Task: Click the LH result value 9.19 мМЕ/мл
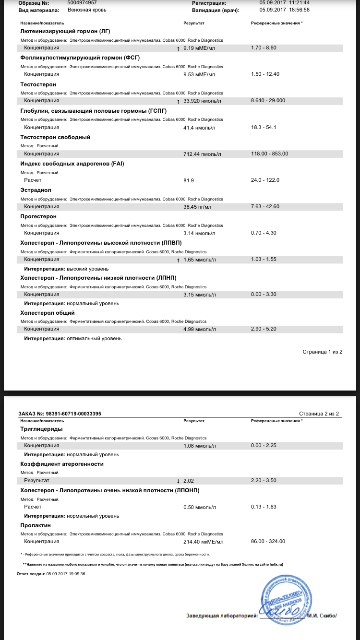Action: click(199, 48)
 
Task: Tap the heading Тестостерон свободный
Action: click(55, 137)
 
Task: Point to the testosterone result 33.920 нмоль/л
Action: click(202, 101)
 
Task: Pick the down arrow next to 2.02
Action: click(179, 481)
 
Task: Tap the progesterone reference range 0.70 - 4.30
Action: click(264, 233)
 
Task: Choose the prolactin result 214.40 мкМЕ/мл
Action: click(204, 542)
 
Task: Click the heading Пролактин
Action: click(36, 525)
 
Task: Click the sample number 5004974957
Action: click(82, 3)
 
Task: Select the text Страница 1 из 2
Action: click(322, 352)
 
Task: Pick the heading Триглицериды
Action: click(41, 429)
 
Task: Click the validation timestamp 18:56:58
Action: click(298, 10)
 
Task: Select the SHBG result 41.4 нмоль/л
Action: click(200, 128)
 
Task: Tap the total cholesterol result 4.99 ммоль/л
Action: click(200, 330)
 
